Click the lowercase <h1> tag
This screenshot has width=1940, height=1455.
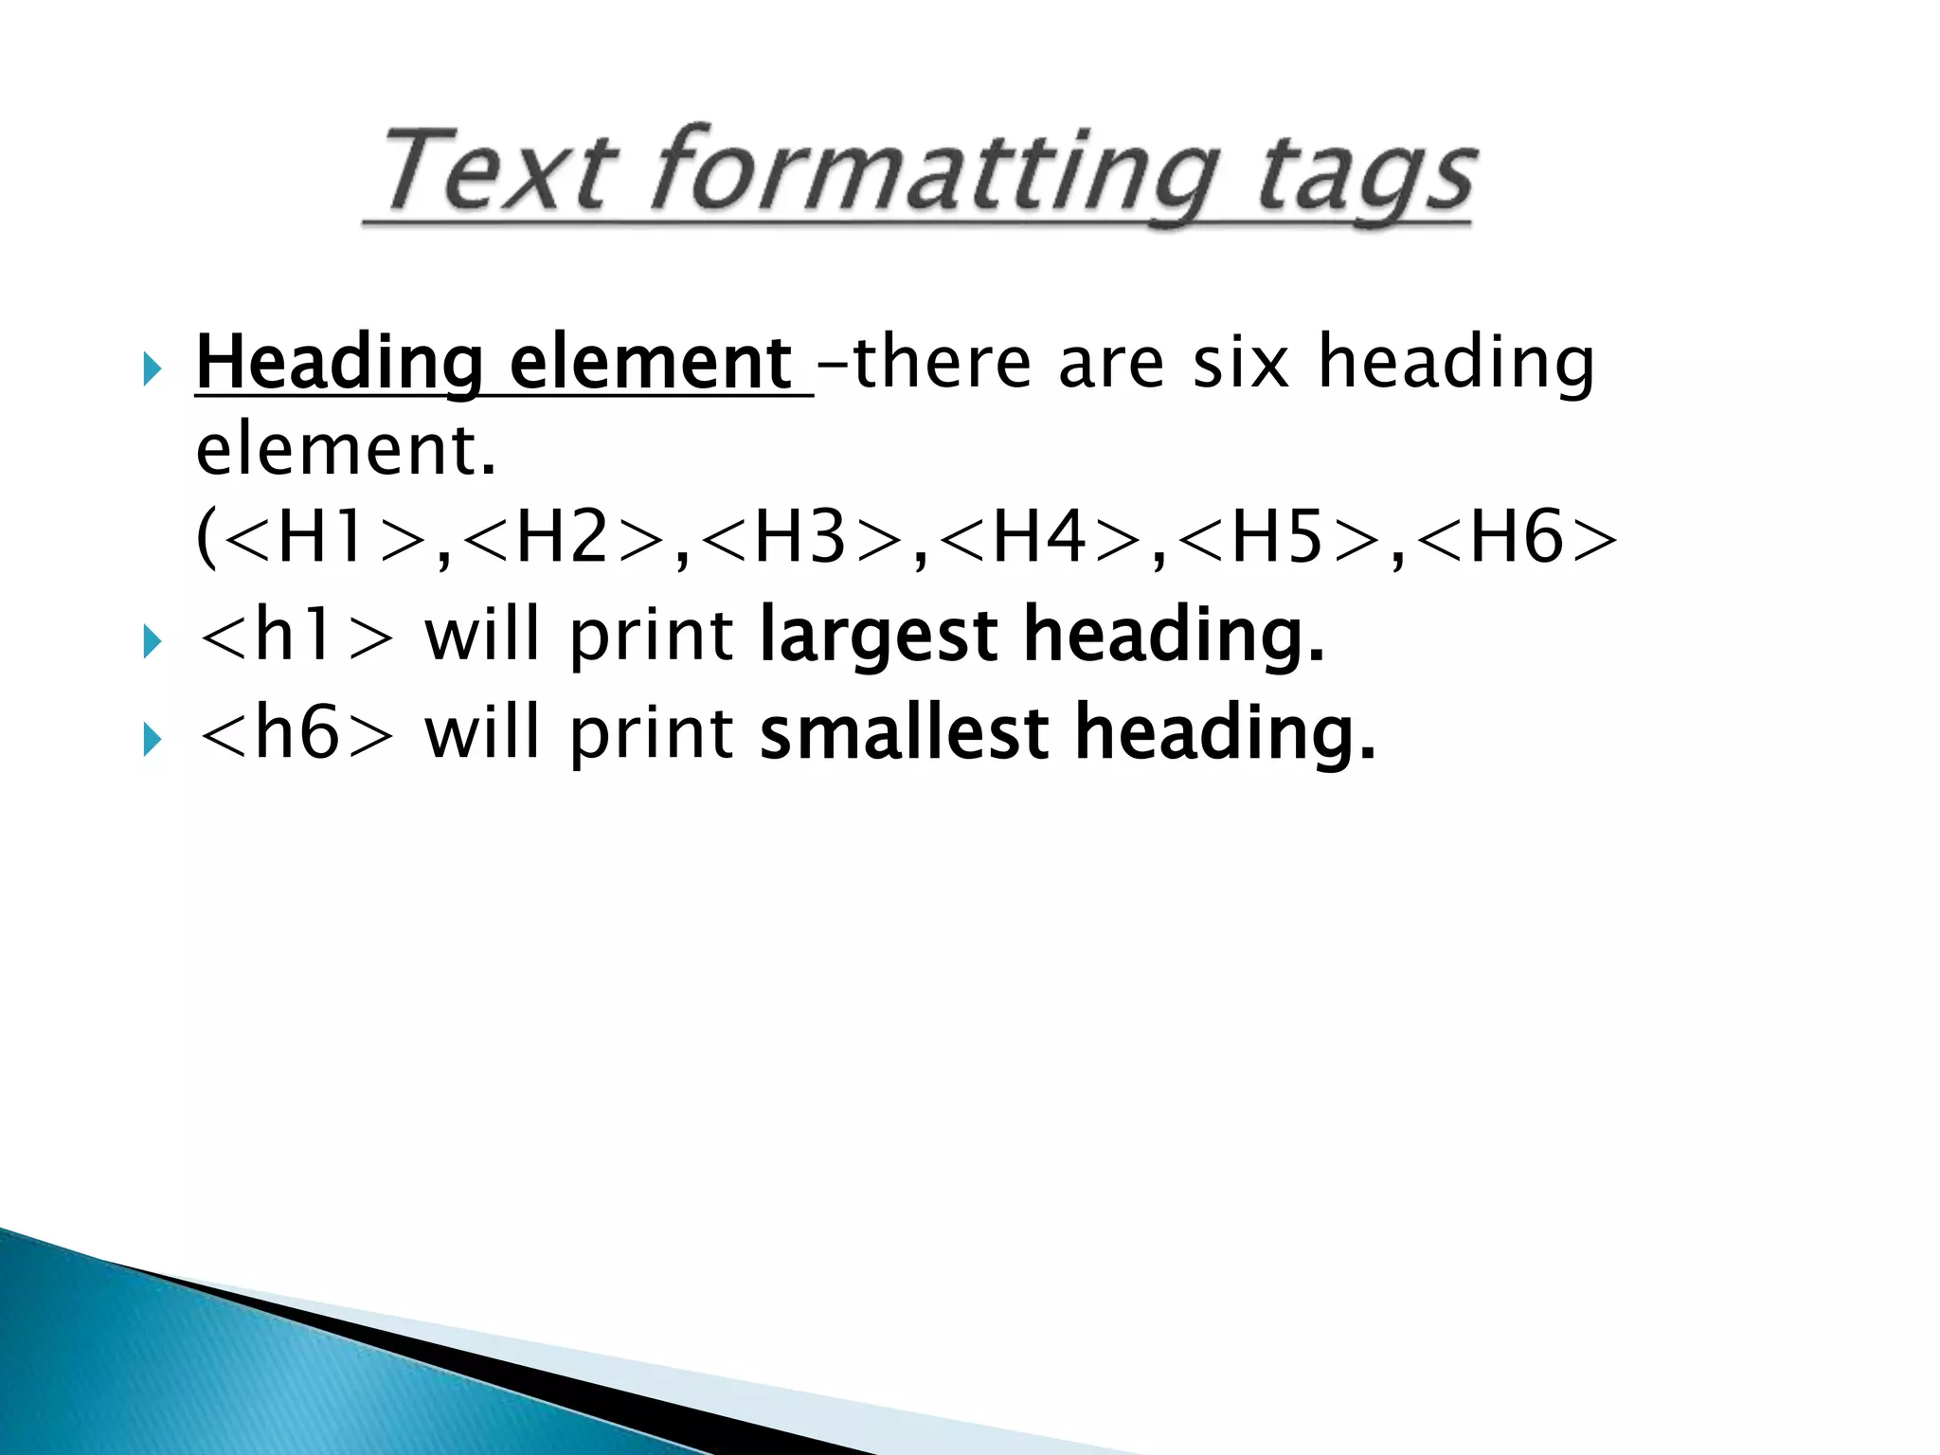(x=296, y=635)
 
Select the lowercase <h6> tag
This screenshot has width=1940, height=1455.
(x=296, y=732)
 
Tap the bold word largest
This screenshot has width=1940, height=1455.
(x=877, y=637)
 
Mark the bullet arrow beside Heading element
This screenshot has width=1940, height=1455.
(x=153, y=368)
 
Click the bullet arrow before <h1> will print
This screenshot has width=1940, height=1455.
(x=153, y=642)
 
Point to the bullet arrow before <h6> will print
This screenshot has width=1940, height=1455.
(x=153, y=739)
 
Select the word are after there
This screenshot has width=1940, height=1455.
(x=1110, y=365)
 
